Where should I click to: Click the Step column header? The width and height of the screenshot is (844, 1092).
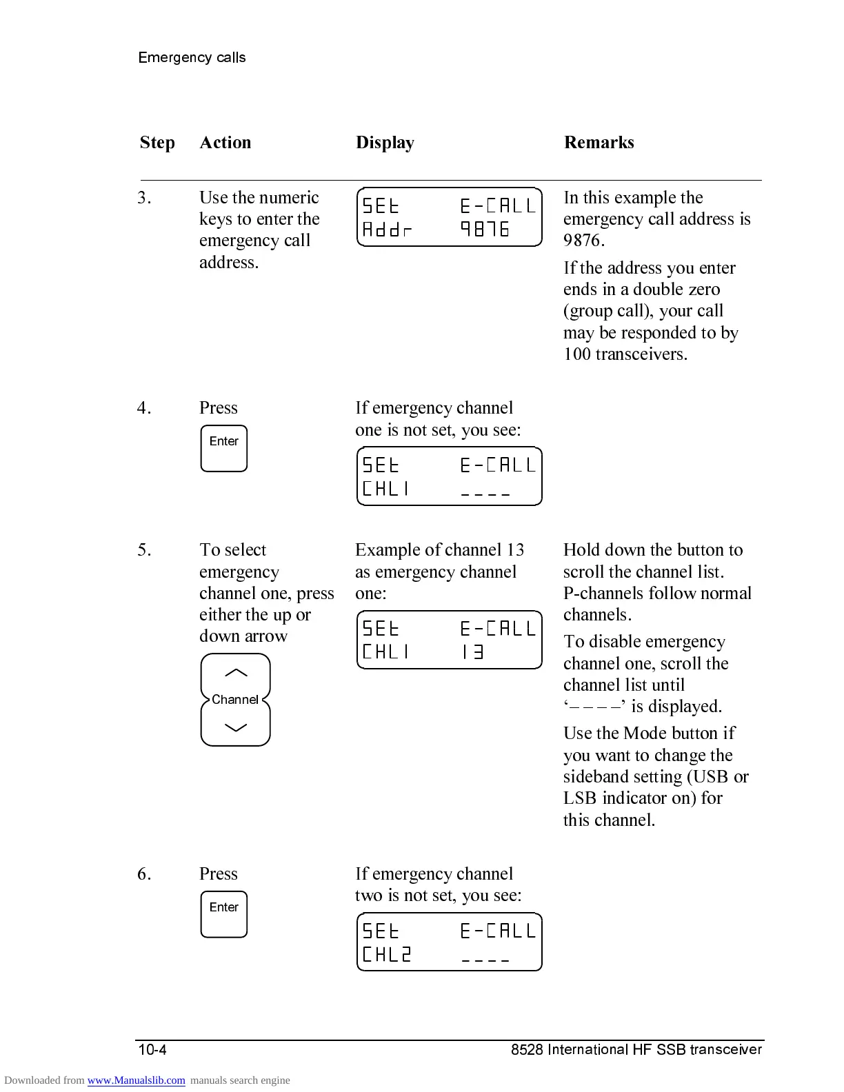pyautogui.click(x=157, y=143)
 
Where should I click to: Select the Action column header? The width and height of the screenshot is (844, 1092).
pyautogui.click(x=225, y=143)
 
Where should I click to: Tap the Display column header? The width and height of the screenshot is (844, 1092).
pyautogui.click(x=385, y=143)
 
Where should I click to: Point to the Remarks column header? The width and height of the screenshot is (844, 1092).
pyautogui.click(x=599, y=143)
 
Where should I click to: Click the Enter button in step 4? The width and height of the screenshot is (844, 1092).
pyautogui.click(x=223, y=448)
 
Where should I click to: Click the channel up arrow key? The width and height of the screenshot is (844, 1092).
pyautogui.click(x=236, y=674)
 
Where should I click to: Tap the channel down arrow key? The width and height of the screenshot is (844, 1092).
pyautogui.click(x=236, y=727)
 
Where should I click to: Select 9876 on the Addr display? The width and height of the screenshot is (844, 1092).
pyautogui.click(x=485, y=229)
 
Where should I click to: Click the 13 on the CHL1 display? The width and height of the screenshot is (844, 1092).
pyautogui.click(x=472, y=651)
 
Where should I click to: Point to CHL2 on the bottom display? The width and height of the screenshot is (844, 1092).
pyautogui.click(x=386, y=955)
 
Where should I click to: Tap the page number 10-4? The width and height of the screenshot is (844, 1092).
pyautogui.click(x=152, y=1050)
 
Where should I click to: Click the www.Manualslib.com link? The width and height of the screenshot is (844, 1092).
pyautogui.click(x=136, y=1080)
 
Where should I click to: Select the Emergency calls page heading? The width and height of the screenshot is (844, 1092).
pyautogui.click(x=192, y=58)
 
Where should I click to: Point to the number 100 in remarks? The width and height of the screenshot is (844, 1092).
pyautogui.click(x=577, y=354)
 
